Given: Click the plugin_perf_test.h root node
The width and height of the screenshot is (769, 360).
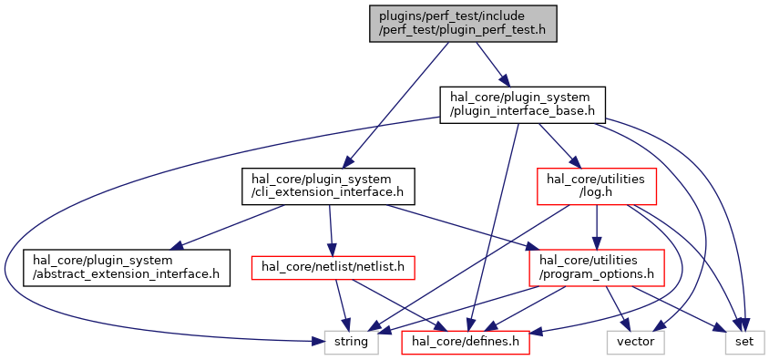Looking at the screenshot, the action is (x=463, y=24).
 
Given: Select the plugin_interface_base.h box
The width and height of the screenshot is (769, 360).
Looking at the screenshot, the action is (x=522, y=105).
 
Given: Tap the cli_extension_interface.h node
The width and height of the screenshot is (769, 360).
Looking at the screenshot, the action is (x=328, y=186).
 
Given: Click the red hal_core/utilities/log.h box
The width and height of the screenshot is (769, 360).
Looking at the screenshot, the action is (x=597, y=186).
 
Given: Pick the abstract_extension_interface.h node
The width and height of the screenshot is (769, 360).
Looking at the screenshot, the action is (x=126, y=268).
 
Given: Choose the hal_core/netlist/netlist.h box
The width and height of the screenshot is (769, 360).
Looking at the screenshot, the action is (x=333, y=268).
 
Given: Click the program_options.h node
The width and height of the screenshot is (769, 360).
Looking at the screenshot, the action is (x=597, y=268).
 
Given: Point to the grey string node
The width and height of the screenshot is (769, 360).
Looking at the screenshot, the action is (x=351, y=342).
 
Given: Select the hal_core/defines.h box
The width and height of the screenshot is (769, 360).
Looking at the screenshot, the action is (x=466, y=342).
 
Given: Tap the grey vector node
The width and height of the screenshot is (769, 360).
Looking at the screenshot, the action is (x=636, y=342).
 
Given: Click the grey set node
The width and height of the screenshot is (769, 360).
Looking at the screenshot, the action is (x=744, y=342).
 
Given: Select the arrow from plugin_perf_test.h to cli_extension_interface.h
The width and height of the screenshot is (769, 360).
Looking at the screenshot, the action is (x=396, y=106).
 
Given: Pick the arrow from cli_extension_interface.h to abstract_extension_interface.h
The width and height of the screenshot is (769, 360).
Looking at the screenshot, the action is (x=230, y=227).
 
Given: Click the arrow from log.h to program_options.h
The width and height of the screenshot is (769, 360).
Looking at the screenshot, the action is (x=597, y=227).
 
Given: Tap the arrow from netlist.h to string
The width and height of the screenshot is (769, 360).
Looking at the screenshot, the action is (x=342, y=305).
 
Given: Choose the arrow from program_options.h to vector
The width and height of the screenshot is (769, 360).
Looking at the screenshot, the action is (x=617, y=308).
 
